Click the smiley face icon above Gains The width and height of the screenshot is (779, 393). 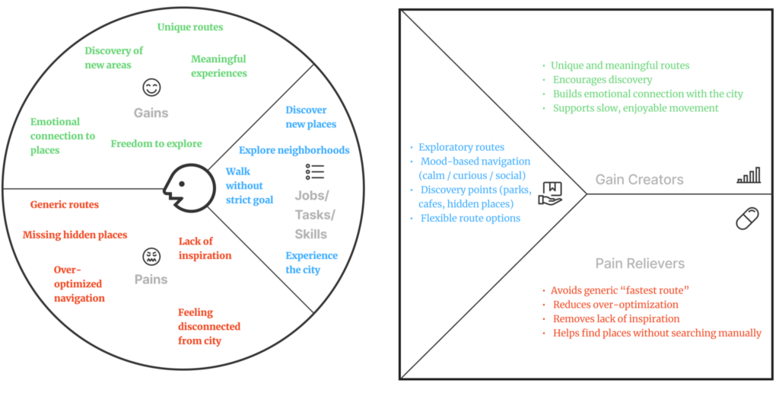click(x=151, y=88)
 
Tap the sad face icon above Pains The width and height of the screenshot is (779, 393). click(x=151, y=255)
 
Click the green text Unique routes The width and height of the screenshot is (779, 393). click(x=190, y=27)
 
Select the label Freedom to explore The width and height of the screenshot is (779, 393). click(x=156, y=143)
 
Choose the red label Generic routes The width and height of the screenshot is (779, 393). click(x=65, y=204)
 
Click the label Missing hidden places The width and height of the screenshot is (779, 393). click(x=75, y=235)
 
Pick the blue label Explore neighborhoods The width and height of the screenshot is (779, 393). click(x=294, y=150)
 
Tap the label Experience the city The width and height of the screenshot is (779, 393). click(x=311, y=263)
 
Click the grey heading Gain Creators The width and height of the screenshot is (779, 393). click(x=639, y=180)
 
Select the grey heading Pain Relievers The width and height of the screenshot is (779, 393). click(x=640, y=264)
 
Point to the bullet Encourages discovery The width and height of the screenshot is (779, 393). click(x=603, y=80)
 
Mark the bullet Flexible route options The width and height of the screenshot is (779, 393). click(x=470, y=219)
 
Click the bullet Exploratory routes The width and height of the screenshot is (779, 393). click(x=462, y=147)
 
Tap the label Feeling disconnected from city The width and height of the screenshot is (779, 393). click(x=208, y=326)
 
